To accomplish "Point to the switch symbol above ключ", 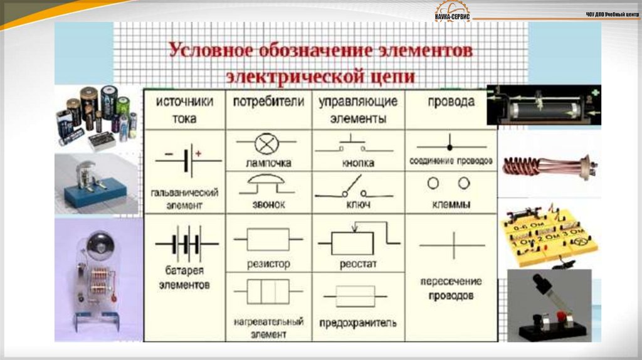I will [x=353, y=188].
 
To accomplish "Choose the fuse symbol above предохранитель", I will [x=355, y=296].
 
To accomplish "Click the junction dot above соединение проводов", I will [x=450, y=147].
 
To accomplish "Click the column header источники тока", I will [x=184, y=109].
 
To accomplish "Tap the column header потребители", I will [x=268, y=101].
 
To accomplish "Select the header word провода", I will [x=451, y=101].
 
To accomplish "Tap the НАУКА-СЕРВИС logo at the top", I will [x=453, y=13].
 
